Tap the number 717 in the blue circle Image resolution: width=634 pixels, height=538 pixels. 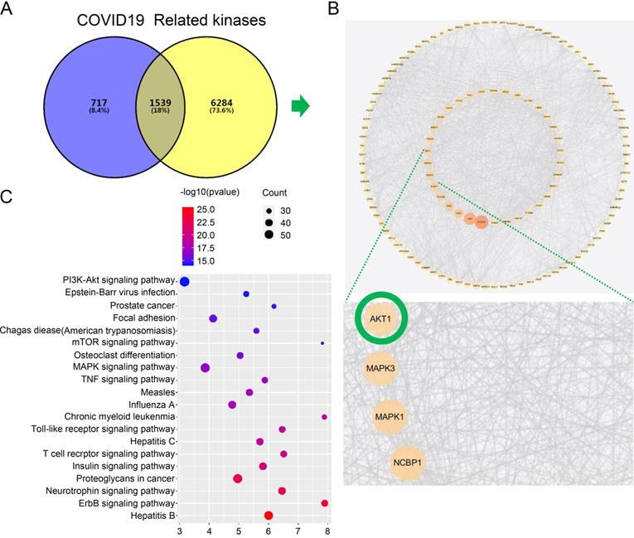[98, 103]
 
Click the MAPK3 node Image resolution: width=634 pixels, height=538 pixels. [380, 368]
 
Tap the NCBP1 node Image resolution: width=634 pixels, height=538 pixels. [406, 463]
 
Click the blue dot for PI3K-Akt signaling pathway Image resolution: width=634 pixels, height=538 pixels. [185, 282]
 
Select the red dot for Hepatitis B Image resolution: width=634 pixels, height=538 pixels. [269, 515]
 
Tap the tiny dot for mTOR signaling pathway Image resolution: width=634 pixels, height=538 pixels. [322, 342]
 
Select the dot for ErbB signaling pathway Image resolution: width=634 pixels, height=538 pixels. [325, 503]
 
